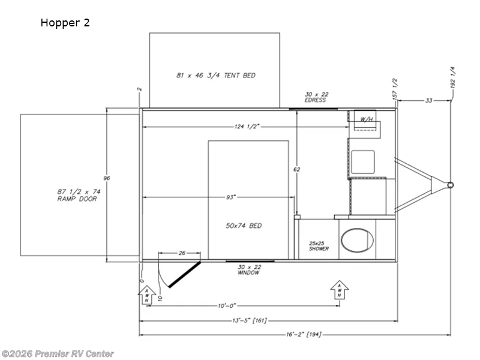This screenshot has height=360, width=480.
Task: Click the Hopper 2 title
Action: pos(65,23)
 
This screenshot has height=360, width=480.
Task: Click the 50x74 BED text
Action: pos(244,226)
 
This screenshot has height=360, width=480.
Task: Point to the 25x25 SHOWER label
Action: pos(319,246)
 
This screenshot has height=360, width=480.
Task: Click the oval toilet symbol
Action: pos(357,241)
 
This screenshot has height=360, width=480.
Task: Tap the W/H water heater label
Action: pos(367,119)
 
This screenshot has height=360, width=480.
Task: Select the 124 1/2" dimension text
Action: pos(247,127)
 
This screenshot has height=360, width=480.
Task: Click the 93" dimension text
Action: pos(231,197)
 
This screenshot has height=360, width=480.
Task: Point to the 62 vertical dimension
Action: pos(296,169)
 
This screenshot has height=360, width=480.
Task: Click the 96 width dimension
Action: pos(107,178)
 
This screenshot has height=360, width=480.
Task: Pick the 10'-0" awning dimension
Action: pos(227,306)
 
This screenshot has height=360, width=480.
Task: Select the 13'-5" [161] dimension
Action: pos(249,321)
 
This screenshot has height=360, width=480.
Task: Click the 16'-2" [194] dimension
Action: pos(304,335)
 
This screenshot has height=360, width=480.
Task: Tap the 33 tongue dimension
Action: pos(429,100)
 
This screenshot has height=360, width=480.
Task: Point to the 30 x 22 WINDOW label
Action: pos(249,270)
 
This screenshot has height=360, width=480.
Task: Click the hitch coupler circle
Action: pos(450,185)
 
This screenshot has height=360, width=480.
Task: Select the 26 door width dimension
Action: pos(182,253)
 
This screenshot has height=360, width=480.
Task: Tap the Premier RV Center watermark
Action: pos(58,354)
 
